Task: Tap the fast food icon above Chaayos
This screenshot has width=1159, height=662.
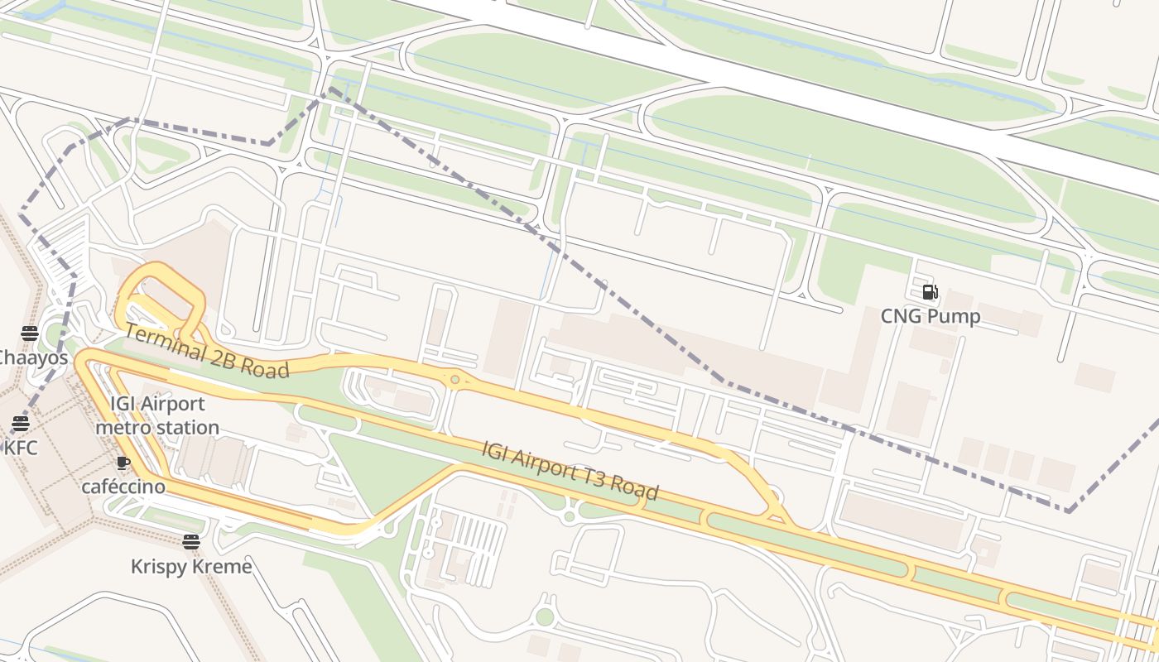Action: pyautogui.click(x=30, y=333)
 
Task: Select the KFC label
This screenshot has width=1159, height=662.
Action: pyautogui.click(x=22, y=449)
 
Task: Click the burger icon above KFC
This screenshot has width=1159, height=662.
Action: pyautogui.click(x=21, y=424)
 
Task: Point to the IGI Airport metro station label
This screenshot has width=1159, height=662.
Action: pyautogui.click(x=157, y=415)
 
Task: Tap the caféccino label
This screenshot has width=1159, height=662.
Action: pyautogui.click(x=123, y=487)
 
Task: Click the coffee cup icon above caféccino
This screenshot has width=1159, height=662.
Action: pyautogui.click(x=123, y=463)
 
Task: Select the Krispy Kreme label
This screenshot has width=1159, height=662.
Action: pyautogui.click(x=191, y=567)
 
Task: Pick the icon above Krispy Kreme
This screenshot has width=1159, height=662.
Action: pyautogui.click(x=191, y=542)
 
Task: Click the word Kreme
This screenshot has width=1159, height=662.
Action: pyautogui.click(x=222, y=567)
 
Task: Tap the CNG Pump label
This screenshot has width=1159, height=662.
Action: pyautogui.click(x=931, y=316)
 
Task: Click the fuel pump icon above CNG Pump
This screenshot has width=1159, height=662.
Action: pyautogui.click(x=931, y=292)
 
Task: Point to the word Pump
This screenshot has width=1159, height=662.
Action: pyautogui.click(x=955, y=316)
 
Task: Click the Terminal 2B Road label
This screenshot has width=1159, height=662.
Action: pyautogui.click(x=207, y=351)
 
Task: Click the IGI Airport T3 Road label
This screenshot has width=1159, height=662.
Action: pyautogui.click(x=570, y=470)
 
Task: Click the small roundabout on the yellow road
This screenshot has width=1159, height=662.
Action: pyautogui.click(x=454, y=380)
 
